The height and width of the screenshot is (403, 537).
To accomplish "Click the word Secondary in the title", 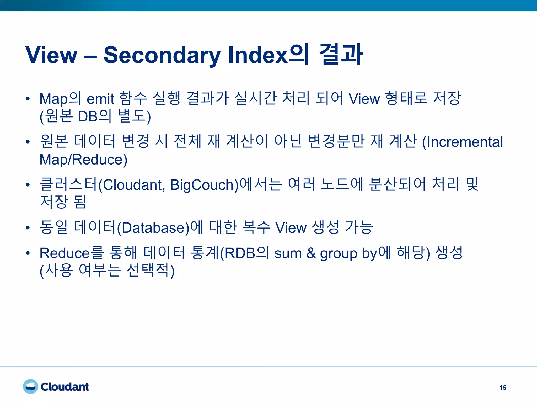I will (x=162, y=55).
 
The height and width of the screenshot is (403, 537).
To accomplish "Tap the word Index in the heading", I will (x=258, y=55).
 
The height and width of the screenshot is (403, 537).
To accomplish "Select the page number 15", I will (x=503, y=388).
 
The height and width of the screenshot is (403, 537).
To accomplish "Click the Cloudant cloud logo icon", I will (x=30, y=386).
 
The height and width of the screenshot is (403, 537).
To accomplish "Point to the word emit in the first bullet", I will (x=100, y=99).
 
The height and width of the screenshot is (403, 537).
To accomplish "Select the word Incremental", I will (x=464, y=142).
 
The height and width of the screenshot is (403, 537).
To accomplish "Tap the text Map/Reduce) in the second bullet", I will (x=83, y=160).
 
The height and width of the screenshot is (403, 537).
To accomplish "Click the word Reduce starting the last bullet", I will (x=65, y=253).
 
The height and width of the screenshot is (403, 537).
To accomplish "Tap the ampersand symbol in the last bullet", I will (x=311, y=253).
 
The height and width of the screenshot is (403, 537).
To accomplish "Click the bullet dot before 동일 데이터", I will (x=28, y=228).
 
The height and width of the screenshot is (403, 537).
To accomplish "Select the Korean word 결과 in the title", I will (x=341, y=55).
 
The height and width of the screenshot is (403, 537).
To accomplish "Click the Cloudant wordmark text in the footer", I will (x=65, y=387).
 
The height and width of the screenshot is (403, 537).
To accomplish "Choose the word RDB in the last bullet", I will (x=240, y=253).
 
